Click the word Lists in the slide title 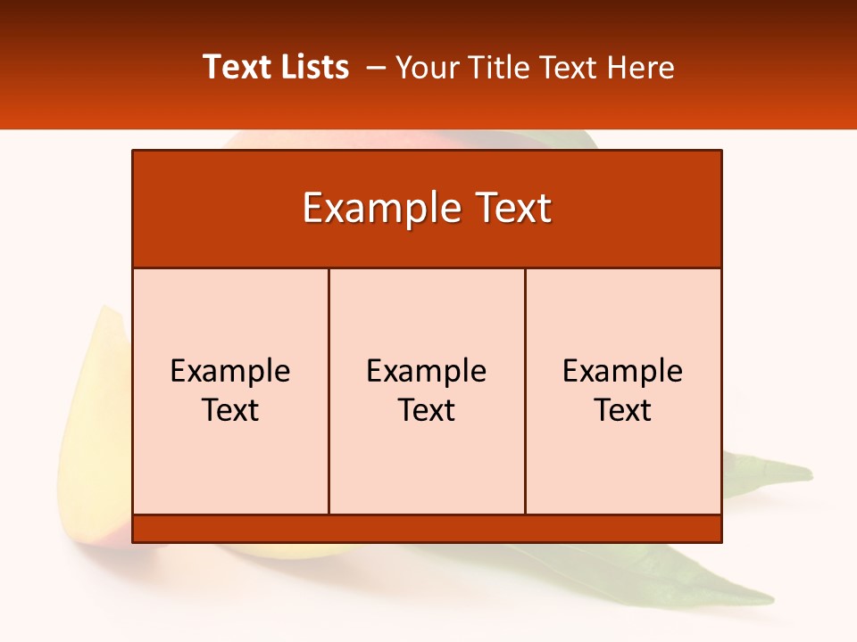click(x=313, y=67)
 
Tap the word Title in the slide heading click(x=498, y=68)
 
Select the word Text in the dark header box click(x=511, y=209)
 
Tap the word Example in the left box click(x=230, y=371)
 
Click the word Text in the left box click(x=230, y=410)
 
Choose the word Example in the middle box click(x=427, y=371)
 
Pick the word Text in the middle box click(x=427, y=410)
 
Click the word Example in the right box click(x=622, y=371)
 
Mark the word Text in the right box click(x=622, y=410)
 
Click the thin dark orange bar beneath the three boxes click(x=427, y=529)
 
